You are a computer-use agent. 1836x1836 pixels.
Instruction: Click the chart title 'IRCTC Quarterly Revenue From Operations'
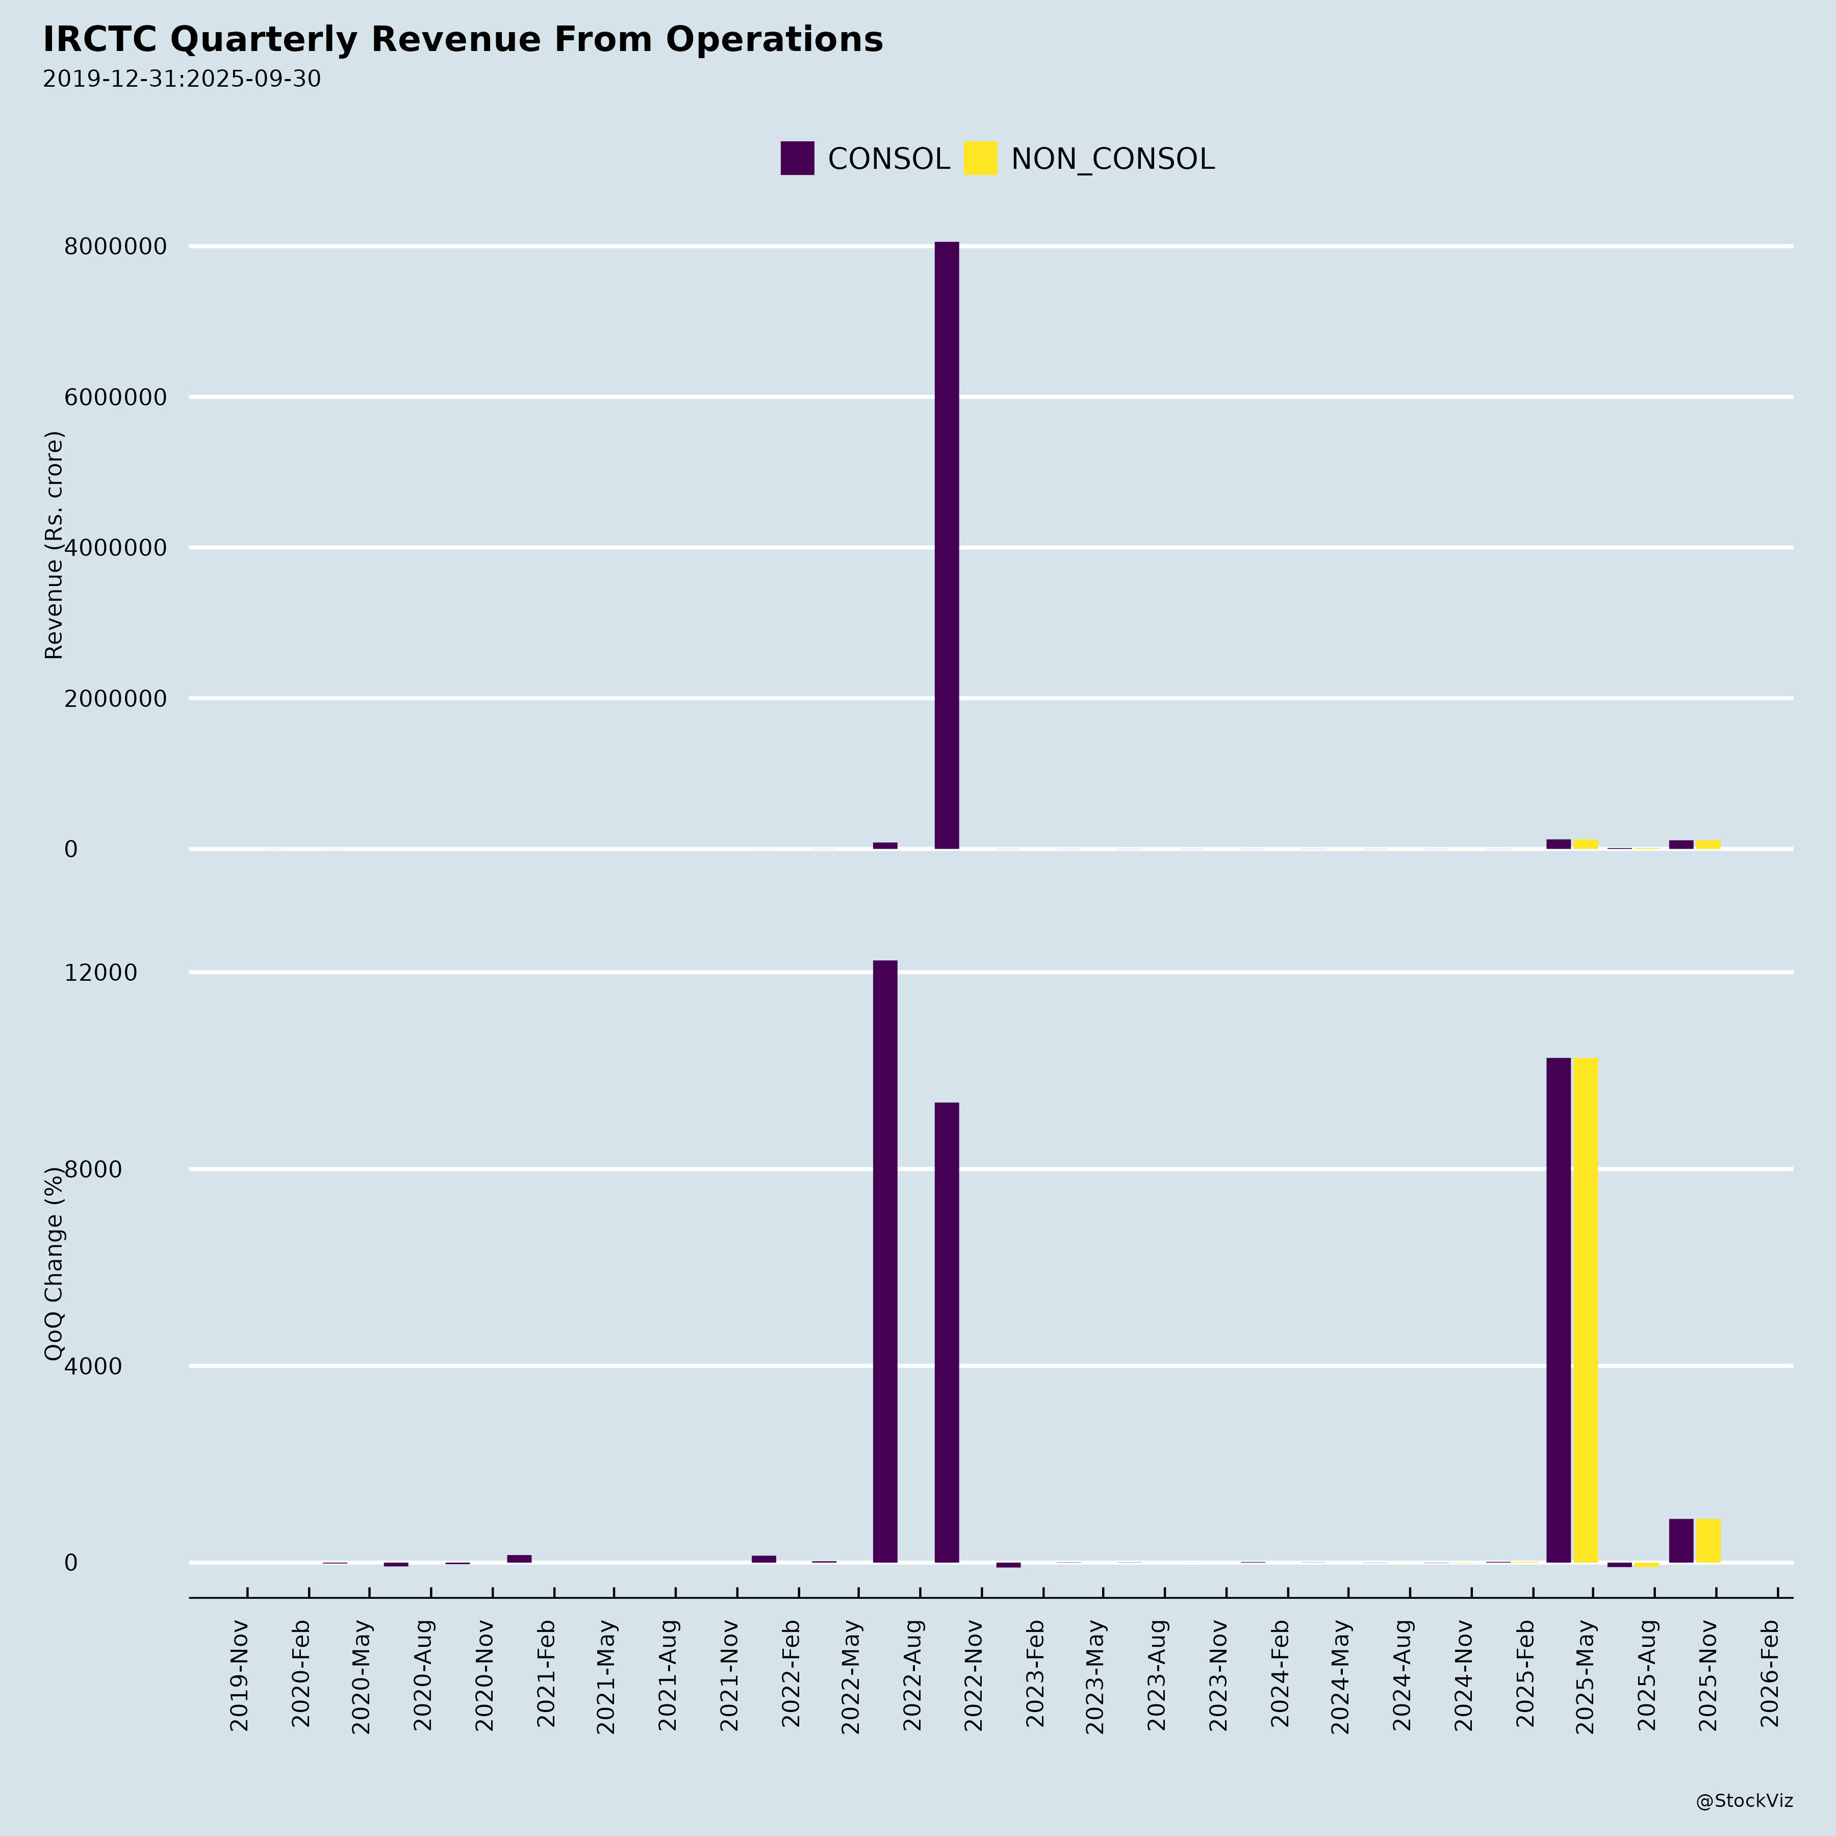[x=463, y=40]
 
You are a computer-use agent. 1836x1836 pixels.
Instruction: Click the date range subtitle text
[x=182, y=79]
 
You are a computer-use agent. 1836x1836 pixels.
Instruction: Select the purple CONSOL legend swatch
[x=797, y=158]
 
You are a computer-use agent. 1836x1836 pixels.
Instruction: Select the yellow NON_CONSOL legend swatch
[x=980, y=158]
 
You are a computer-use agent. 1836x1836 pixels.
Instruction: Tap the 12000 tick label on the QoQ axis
[x=101, y=972]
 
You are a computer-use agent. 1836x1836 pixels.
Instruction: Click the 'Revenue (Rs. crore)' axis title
[x=54, y=545]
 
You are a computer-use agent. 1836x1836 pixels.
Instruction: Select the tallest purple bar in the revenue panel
[x=947, y=545]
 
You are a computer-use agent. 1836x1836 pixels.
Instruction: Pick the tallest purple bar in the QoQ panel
[x=885, y=1261]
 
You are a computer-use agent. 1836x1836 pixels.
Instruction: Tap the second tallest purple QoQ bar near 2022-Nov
[x=947, y=1332]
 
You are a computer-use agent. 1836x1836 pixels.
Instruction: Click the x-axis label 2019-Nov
[x=240, y=1677]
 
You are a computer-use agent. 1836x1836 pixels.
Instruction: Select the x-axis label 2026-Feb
[x=1770, y=1677]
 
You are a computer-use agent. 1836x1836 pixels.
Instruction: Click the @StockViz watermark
[x=1744, y=1801]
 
